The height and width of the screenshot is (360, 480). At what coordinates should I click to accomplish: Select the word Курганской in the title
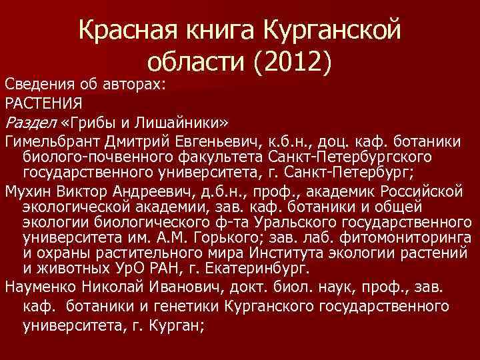(x=333, y=29)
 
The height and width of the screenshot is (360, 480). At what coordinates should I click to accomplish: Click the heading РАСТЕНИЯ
(x=43, y=103)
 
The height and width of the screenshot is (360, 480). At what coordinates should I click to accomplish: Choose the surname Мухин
(x=27, y=192)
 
